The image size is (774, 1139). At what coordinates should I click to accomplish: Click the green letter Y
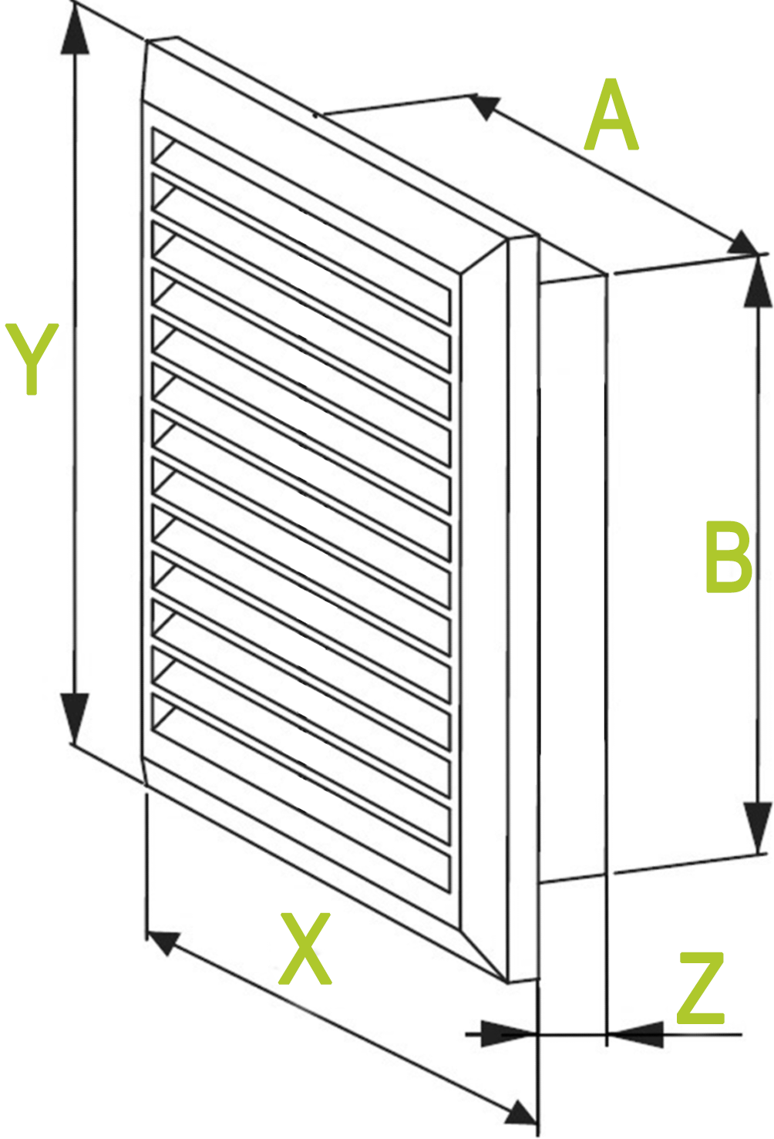pyautogui.click(x=32, y=359)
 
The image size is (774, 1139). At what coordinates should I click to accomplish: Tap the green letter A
pyautogui.click(x=611, y=114)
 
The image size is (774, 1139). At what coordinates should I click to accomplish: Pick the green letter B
pyautogui.click(x=729, y=557)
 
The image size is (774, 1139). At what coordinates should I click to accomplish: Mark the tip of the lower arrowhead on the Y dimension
pyautogui.click(x=75, y=743)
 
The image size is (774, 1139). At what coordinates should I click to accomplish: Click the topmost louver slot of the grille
pyautogui.click(x=301, y=227)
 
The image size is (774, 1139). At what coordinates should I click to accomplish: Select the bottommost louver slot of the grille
pyautogui.click(x=301, y=794)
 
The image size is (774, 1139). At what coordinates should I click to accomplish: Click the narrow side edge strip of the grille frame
pyautogui.click(x=523, y=609)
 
